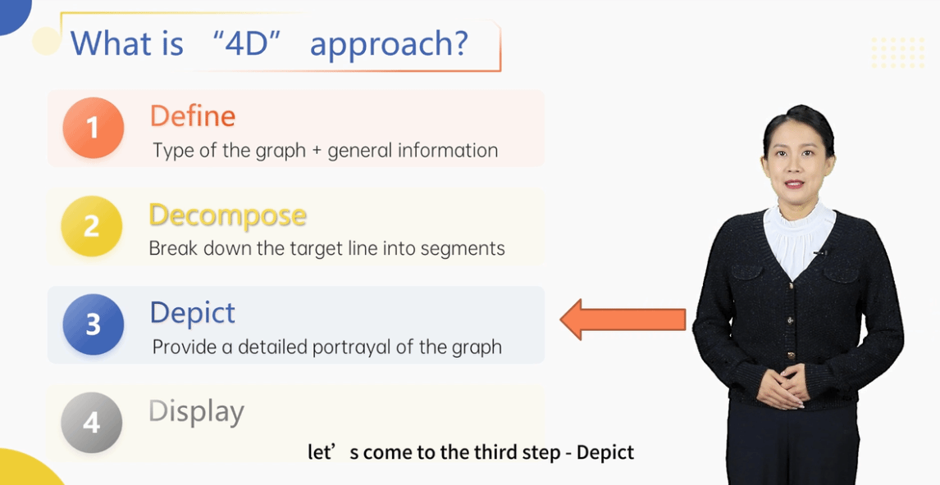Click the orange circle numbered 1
click(93, 128)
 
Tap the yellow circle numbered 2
click(92, 226)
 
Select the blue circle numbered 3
click(93, 324)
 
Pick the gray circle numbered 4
click(92, 423)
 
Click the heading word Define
click(193, 116)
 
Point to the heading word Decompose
click(228, 215)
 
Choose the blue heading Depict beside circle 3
click(193, 314)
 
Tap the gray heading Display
click(197, 411)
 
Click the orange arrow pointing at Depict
click(623, 320)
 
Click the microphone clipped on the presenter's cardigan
click(820, 252)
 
